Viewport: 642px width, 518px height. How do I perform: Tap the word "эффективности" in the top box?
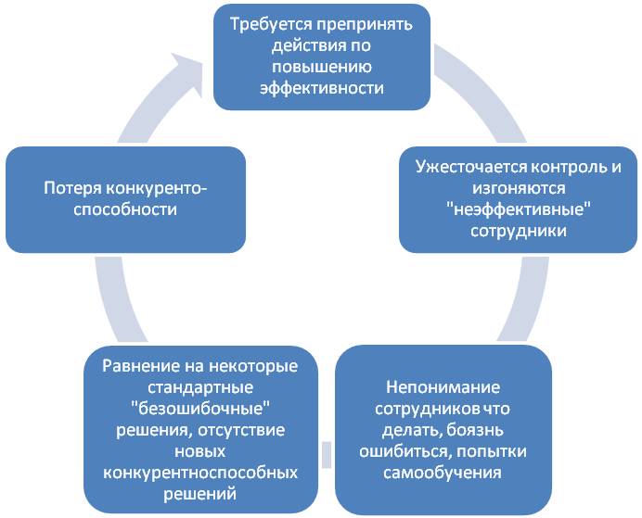(x=322, y=89)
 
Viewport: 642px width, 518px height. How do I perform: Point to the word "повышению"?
(x=322, y=67)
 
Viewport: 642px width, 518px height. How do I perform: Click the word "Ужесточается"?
(x=470, y=168)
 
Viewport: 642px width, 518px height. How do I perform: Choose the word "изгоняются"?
(x=519, y=188)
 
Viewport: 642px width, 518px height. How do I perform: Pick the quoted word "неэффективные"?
(x=519, y=210)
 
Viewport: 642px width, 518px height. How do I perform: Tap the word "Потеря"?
(x=72, y=189)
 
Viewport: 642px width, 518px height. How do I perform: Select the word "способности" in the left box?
(x=125, y=210)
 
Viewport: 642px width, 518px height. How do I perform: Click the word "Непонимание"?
(x=443, y=387)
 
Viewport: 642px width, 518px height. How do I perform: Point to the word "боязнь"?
(x=475, y=430)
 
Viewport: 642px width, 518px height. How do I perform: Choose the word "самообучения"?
(x=443, y=473)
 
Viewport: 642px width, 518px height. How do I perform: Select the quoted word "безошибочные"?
(x=200, y=409)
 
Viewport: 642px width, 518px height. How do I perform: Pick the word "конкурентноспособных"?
(x=200, y=474)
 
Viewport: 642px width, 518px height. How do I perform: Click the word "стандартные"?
(x=200, y=387)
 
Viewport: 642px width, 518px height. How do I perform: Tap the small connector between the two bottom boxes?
(x=327, y=454)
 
